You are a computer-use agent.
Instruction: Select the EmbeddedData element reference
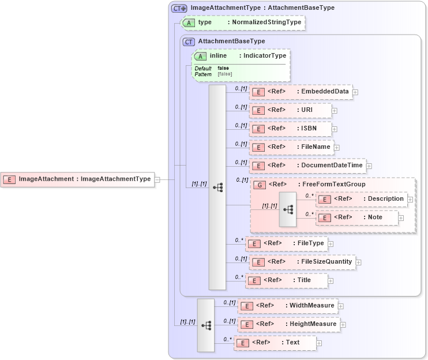301,92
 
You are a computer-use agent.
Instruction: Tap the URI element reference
290,110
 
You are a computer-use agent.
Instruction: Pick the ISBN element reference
290,129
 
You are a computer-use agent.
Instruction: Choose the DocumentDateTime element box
307,166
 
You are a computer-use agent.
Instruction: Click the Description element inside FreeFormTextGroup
361,199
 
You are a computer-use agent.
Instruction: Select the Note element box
356,217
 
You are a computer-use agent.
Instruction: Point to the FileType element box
286,243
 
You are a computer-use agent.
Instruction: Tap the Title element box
286,280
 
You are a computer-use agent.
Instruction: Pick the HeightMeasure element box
288,324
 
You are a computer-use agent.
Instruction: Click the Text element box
275,343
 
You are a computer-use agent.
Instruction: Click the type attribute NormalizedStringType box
242,22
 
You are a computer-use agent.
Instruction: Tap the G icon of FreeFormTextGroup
260,185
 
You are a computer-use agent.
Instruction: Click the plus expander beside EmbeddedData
355,92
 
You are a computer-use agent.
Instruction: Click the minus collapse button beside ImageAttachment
157,179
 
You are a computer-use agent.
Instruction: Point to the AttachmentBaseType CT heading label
231,42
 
